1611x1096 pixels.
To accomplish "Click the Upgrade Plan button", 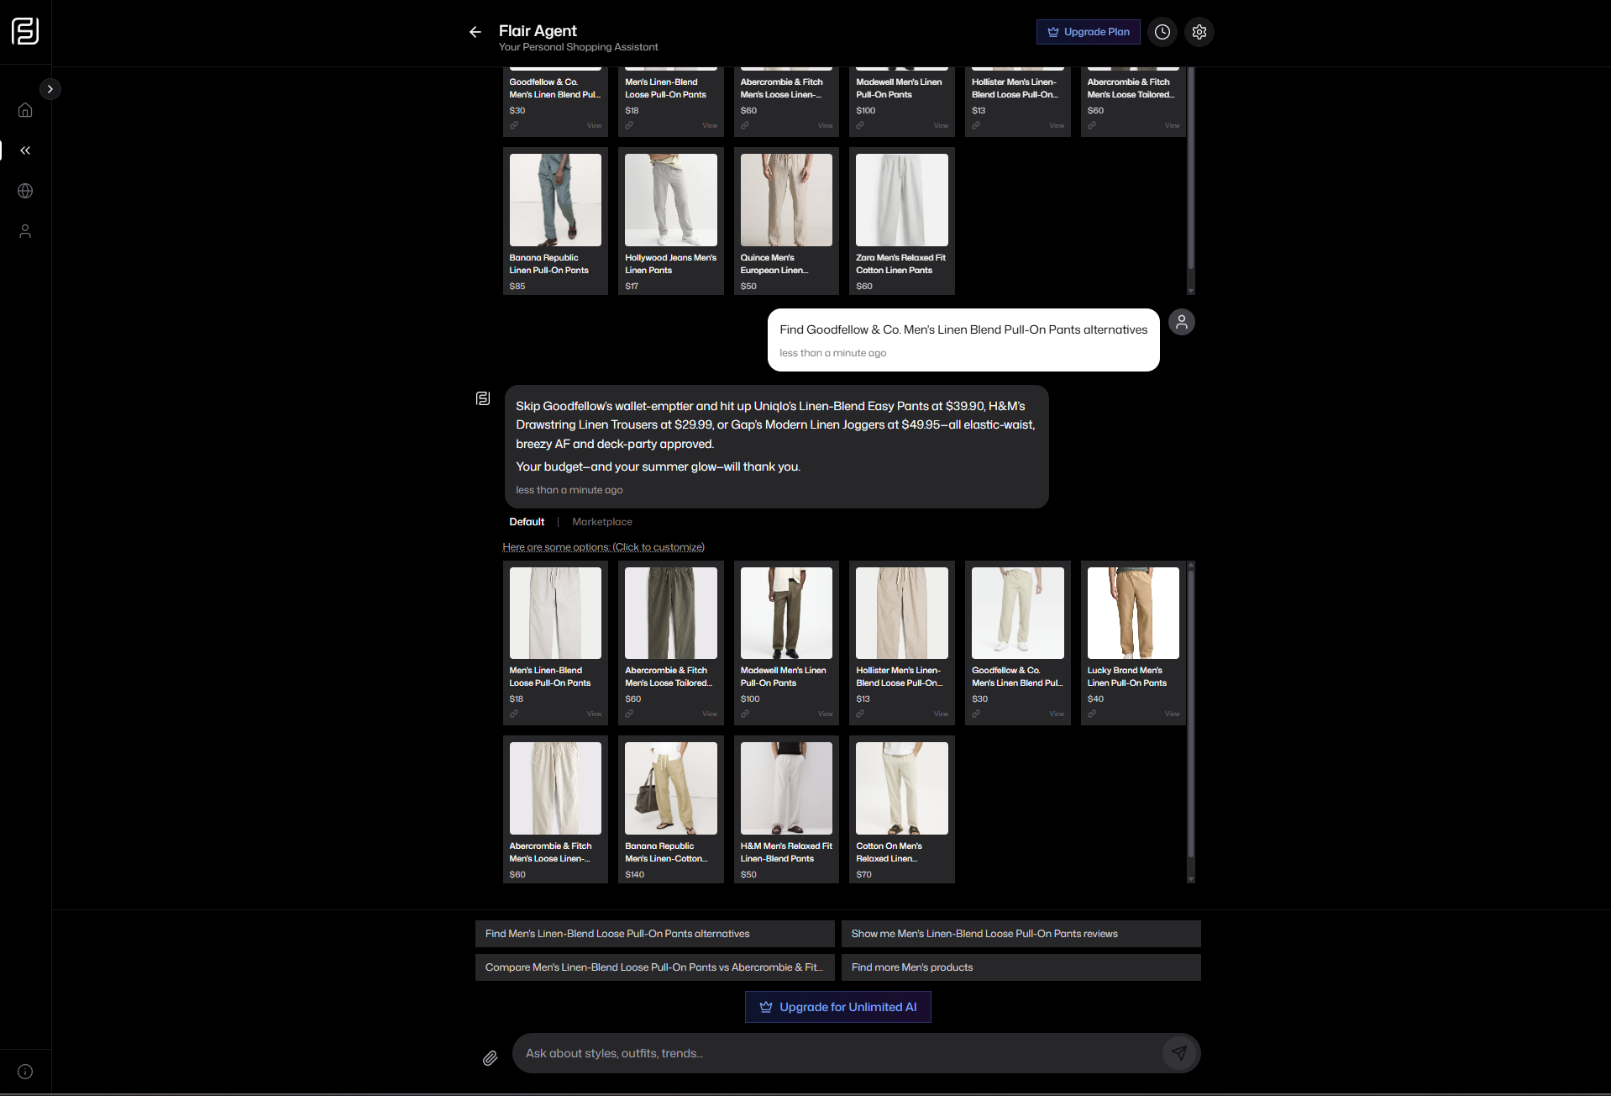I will [x=1088, y=32].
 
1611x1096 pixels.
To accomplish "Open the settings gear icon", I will [x=1199, y=32].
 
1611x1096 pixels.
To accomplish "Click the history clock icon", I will [x=1162, y=32].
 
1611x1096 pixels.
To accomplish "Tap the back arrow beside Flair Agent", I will [x=475, y=32].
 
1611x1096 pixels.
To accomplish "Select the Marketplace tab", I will [x=601, y=522].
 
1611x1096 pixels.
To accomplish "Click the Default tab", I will [x=527, y=522].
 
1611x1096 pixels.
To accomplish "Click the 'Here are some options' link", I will [x=603, y=547].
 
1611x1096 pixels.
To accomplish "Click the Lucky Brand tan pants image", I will [x=1132, y=613].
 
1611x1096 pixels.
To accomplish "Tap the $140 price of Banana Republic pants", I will [x=634, y=875].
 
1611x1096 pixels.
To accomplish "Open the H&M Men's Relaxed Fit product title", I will [x=785, y=852].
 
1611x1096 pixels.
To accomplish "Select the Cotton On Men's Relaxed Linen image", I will [x=901, y=788].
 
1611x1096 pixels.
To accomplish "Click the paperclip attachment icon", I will [x=490, y=1058].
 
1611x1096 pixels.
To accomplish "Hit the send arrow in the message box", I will [x=1179, y=1053].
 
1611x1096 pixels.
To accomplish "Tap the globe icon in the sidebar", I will [x=25, y=191].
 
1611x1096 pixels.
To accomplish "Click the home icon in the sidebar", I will [x=25, y=110].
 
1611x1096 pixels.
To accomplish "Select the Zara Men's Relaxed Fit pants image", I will [x=901, y=199].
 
